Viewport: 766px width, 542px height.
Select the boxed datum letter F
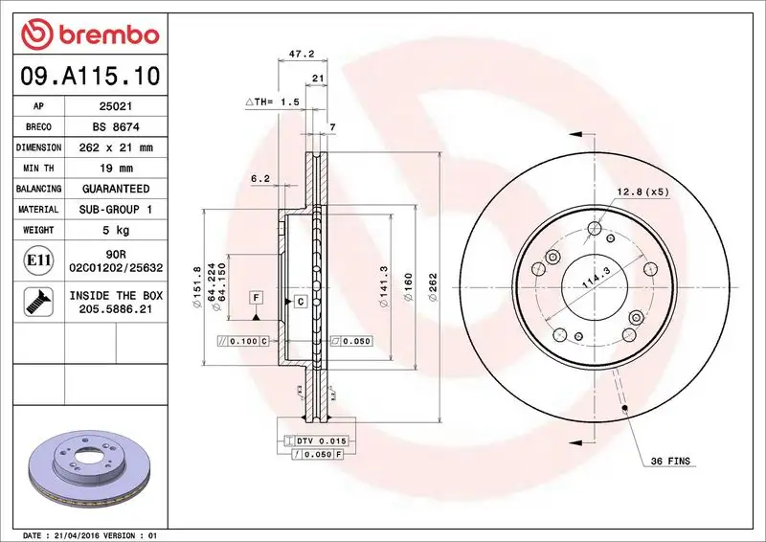(x=256, y=298)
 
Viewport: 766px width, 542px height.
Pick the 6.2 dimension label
(x=259, y=178)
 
